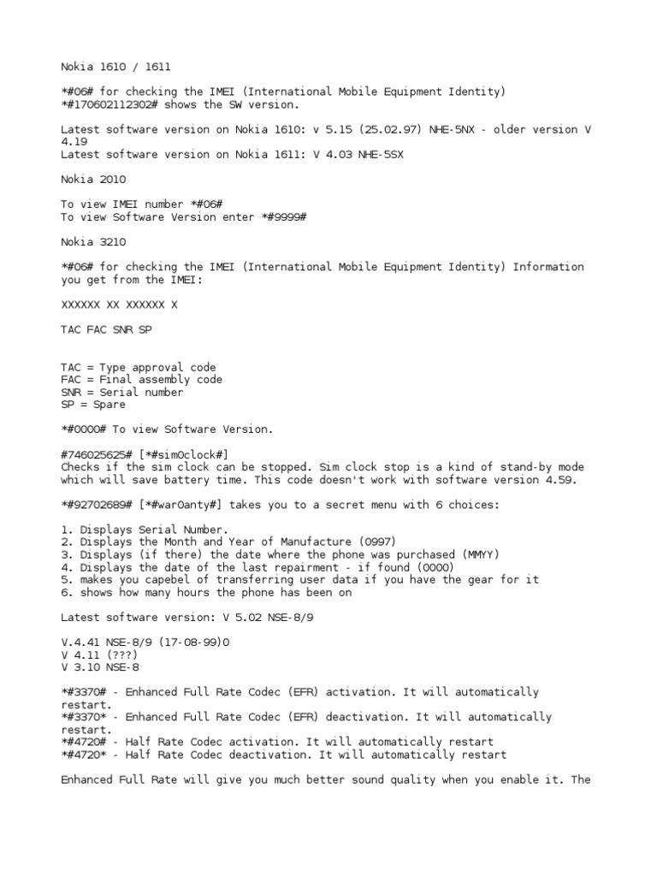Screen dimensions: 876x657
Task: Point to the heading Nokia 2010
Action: pyautogui.click(x=92, y=179)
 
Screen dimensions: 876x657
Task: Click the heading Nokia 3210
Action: pyautogui.click(x=92, y=242)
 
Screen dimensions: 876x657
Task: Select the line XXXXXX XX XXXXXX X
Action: pyautogui.click(x=121, y=305)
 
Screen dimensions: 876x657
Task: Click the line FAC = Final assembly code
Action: pyautogui.click(x=141, y=379)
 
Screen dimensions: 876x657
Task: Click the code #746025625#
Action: pyautogui.click(x=96, y=454)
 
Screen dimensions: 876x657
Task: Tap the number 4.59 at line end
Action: pyautogui.click(x=560, y=480)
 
